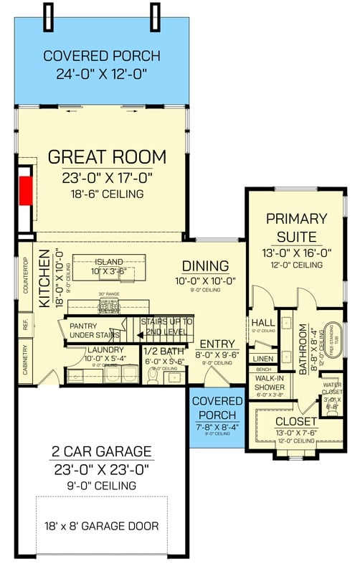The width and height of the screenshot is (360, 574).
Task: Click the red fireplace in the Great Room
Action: point(26,190)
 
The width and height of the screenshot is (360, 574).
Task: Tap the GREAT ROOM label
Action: point(107,157)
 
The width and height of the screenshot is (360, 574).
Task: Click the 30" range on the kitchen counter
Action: point(109,306)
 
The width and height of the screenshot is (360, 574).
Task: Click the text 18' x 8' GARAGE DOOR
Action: point(101,526)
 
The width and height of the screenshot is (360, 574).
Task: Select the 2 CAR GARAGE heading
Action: point(101,451)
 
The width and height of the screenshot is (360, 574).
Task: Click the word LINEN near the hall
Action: point(263,358)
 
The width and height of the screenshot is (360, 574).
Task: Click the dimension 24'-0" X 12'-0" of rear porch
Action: point(95,72)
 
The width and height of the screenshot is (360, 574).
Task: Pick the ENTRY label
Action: point(213,344)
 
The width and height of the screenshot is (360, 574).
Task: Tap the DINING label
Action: point(205,266)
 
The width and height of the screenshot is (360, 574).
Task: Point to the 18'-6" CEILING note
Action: point(107,194)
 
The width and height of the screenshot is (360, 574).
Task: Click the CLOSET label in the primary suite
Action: point(295,421)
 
